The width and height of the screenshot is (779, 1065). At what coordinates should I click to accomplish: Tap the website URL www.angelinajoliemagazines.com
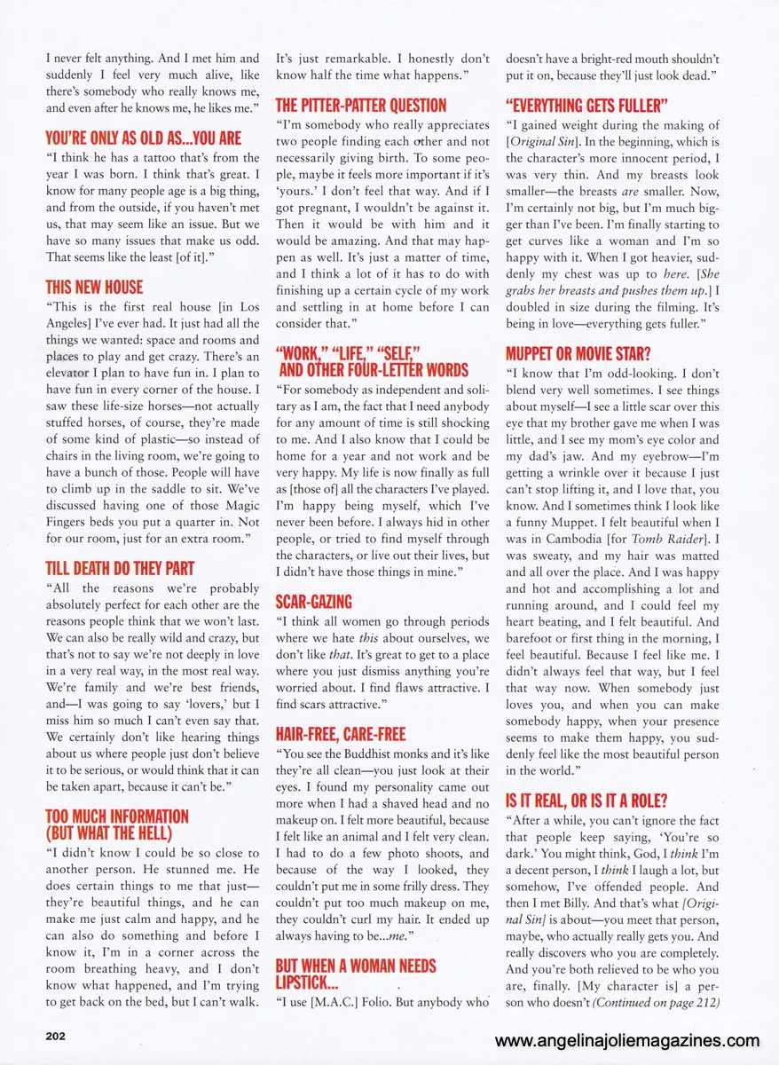click(x=627, y=1041)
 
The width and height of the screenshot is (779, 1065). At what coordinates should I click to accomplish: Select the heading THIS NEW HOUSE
click(x=94, y=287)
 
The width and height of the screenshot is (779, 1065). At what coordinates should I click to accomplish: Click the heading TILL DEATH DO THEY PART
click(x=120, y=568)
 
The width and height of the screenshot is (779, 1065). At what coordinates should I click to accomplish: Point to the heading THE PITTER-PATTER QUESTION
click(x=361, y=105)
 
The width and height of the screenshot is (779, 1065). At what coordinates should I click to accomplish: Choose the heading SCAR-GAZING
click(x=314, y=601)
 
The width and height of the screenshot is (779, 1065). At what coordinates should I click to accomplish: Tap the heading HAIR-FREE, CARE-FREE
click(x=341, y=733)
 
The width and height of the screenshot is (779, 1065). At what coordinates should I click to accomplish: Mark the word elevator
click(x=72, y=375)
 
